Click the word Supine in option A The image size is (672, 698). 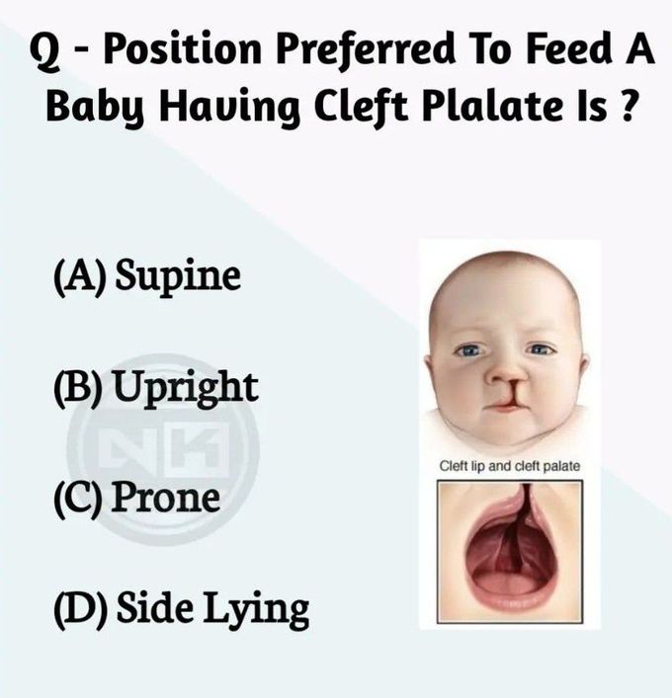tap(178, 276)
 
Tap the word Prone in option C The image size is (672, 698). tap(165, 498)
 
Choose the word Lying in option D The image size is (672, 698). tap(256, 610)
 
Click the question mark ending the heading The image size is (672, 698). tap(626, 106)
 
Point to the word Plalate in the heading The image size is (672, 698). tap(491, 107)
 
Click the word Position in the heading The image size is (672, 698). tap(183, 49)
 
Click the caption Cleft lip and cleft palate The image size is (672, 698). tap(510, 466)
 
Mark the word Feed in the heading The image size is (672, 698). tap(565, 48)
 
